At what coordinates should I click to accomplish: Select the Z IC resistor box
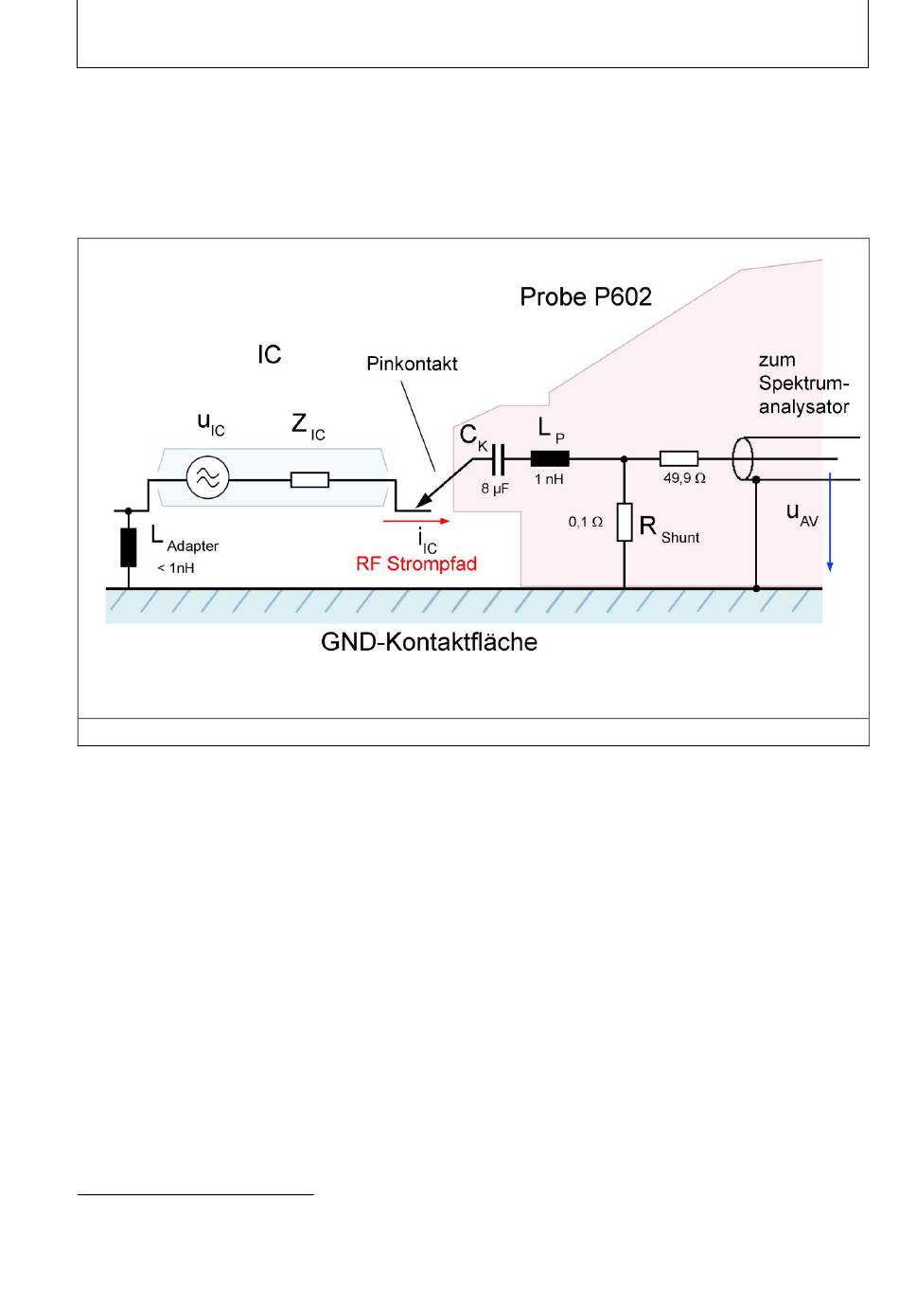tap(309, 479)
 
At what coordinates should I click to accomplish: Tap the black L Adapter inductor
tap(128, 547)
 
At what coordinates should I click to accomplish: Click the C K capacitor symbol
tap(497, 459)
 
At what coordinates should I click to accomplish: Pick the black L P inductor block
tap(550, 459)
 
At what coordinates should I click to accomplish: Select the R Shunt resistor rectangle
tap(625, 522)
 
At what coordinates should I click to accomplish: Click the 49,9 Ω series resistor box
tap(679, 459)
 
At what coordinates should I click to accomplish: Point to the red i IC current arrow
tap(416, 521)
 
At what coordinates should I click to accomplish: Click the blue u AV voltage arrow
tap(830, 522)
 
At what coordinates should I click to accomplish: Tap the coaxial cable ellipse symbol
tap(742, 459)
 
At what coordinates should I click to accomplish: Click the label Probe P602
tap(585, 296)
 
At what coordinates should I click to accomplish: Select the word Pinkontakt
tap(412, 364)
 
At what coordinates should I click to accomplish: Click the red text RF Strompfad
tap(416, 563)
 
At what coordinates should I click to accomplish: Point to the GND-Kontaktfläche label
tap(429, 642)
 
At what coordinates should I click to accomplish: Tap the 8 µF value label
tap(495, 489)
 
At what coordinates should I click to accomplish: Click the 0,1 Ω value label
tap(585, 522)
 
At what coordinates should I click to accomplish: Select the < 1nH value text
tap(176, 567)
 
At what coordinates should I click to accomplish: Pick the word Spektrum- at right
tap(803, 384)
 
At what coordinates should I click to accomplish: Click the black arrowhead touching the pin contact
tap(424, 500)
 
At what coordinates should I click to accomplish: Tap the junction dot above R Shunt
tap(625, 459)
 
